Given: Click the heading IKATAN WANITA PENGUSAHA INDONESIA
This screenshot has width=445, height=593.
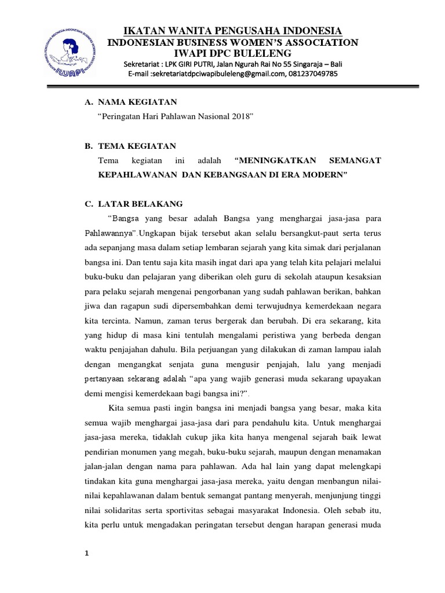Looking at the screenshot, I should (234, 31).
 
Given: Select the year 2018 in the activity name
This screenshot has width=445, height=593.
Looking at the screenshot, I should (241, 117).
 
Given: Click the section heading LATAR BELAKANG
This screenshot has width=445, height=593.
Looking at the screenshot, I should (140, 204).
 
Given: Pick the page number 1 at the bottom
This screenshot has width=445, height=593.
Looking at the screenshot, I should (86, 553).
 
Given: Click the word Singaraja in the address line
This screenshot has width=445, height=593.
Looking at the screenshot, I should (301, 63).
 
